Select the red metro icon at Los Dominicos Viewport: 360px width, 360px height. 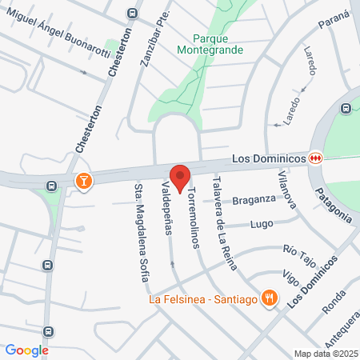(316, 158)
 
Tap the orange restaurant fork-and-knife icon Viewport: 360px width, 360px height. (270, 299)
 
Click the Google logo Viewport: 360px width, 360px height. (26, 350)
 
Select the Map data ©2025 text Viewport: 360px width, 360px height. (325, 354)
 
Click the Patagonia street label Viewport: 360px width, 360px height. (333, 204)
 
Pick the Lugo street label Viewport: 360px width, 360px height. (262, 225)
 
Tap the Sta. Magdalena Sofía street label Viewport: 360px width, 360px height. (141, 231)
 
